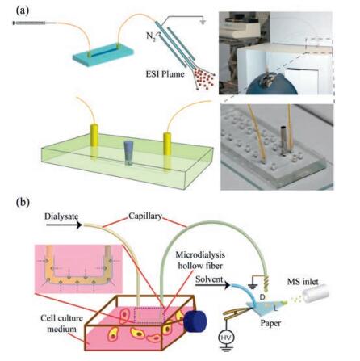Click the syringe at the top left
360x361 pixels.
click(x=29, y=23)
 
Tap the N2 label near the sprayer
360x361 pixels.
click(x=151, y=36)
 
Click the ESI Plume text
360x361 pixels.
click(x=165, y=73)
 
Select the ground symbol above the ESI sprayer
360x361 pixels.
click(x=203, y=21)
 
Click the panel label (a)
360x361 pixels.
click(x=23, y=10)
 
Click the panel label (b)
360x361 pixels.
click(x=23, y=202)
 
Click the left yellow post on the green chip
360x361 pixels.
click(x=94, y=135)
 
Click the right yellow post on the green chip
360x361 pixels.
click(x=167, y=144)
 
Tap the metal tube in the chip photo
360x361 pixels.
click(x=283, y=140)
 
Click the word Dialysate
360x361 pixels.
click(x=61, y=217)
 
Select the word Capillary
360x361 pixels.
click(x=145, y=216)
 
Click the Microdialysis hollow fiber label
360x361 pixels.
click(x=200, y=260)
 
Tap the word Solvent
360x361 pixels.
click(x=209, y=279)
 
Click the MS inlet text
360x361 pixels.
click(x=303, y=282)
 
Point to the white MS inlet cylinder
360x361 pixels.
click(x=316, y=295)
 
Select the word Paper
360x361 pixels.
click(x=270, y=323)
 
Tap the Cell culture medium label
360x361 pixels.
click(x=61, y=324)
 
